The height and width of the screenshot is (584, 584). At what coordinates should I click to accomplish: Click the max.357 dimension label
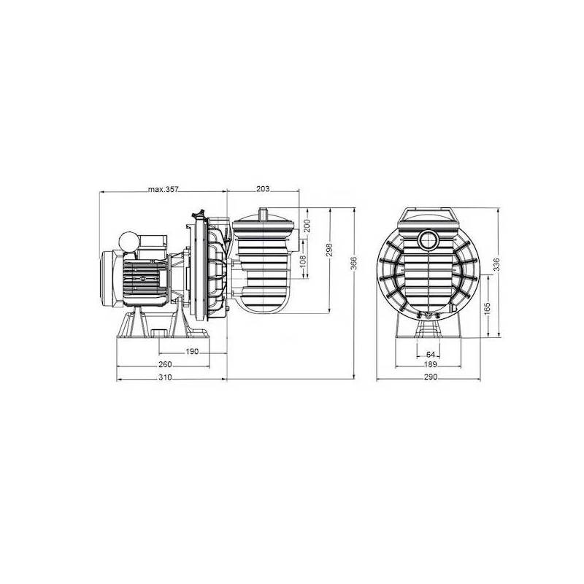[x=164, y=189]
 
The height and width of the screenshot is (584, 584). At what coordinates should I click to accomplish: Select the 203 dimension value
[x=264, y=189]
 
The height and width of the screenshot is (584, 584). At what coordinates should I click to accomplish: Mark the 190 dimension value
[x=191, y=352]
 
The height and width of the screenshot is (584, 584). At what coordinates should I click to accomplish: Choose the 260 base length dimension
[x=165, y=365]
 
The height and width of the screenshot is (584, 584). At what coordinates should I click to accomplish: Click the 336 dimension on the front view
[x=497, y=264]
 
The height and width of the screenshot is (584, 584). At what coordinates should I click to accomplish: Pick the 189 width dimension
[x=430, y=365]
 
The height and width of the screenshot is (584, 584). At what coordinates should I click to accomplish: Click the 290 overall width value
[x=430, y=378]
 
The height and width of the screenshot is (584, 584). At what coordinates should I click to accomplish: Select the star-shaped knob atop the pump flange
[x=197, y=214]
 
